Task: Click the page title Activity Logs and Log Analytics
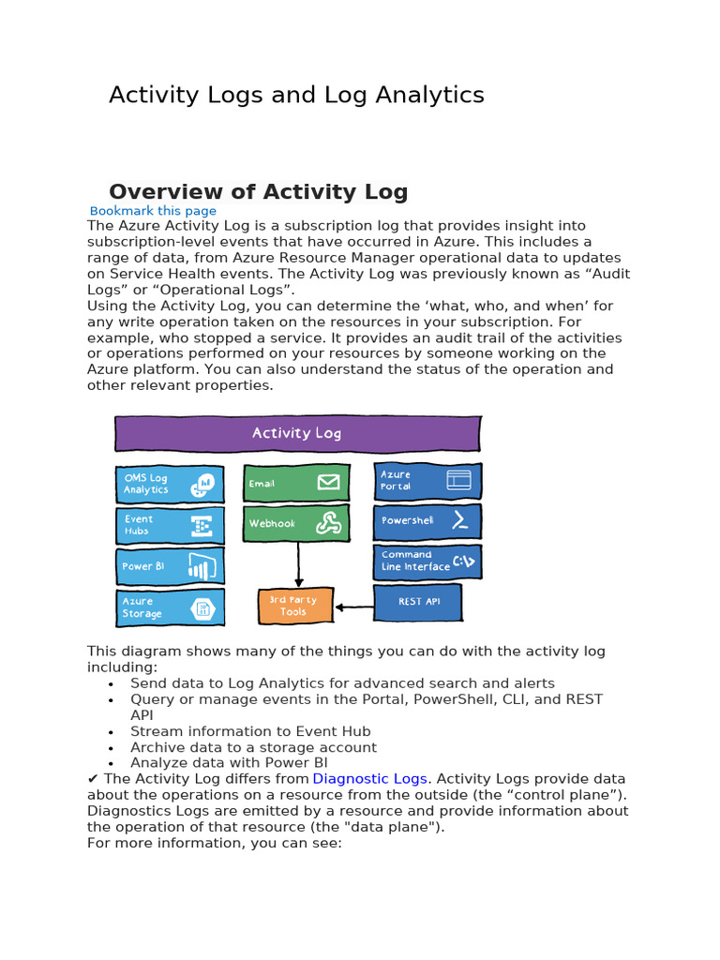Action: [x=296, y=95]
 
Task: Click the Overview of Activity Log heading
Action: [x=259, y=192]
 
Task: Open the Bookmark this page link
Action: [x=153, y=211]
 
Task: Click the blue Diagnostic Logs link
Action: [x=370, y=778]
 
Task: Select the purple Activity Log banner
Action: [x=297, y=433]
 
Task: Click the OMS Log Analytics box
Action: [x=170, y=484]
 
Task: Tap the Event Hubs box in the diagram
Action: [x=170, y=525]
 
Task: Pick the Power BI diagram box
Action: [x=170, y=566]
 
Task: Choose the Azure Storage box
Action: [x=170, y=607]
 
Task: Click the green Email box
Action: [x=296, y=483]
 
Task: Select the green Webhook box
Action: [x=296, y=523]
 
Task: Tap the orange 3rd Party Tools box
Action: [x=295, y=606]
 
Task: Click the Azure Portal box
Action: [x=427, y=481]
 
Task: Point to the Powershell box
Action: [x=427, y=521]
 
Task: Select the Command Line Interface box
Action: [x=427, y=562]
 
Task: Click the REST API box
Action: [x=418, y=602]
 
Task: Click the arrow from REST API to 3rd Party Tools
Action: [x=353, y=607]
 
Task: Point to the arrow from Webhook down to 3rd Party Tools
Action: [x=299, y=564]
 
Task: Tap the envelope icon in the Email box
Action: [x=328, y=483]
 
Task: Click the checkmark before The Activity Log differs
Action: [x=93, y=778]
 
